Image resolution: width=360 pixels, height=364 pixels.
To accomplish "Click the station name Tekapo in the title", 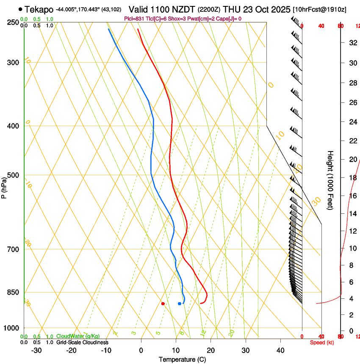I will [x=39, y=9].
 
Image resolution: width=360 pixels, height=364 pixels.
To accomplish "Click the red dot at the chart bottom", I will [x=163, y=303].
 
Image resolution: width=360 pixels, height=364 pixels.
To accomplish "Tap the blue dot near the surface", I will [x=180, y=303].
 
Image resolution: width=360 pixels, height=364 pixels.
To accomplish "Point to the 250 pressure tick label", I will [x=13, y=22].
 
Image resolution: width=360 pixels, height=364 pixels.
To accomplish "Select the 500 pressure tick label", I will [x=13, y=175].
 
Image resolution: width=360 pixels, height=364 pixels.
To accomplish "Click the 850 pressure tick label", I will [x=13, y=292].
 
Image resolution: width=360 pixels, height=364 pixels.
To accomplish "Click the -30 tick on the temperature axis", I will [x=36, y=350].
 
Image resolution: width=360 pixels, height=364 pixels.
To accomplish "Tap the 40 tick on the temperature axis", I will [x=280, y=350].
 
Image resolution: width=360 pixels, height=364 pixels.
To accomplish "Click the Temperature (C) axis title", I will [x=182, y=359].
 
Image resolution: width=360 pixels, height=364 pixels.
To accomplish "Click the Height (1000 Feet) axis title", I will [x=330, y=180].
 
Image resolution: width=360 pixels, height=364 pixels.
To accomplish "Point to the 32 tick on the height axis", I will [x=352, y=43].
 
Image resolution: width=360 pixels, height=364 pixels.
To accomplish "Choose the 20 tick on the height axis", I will [x=352, y=159].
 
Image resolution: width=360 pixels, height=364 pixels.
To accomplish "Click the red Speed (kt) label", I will [x=322, y=342].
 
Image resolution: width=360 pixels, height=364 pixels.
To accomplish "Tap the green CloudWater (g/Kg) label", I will [x=78, y=336].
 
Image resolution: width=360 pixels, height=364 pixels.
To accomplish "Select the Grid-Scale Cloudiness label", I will [x=82, y=342].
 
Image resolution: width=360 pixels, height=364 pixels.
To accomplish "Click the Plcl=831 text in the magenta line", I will [x=134, y=19].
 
